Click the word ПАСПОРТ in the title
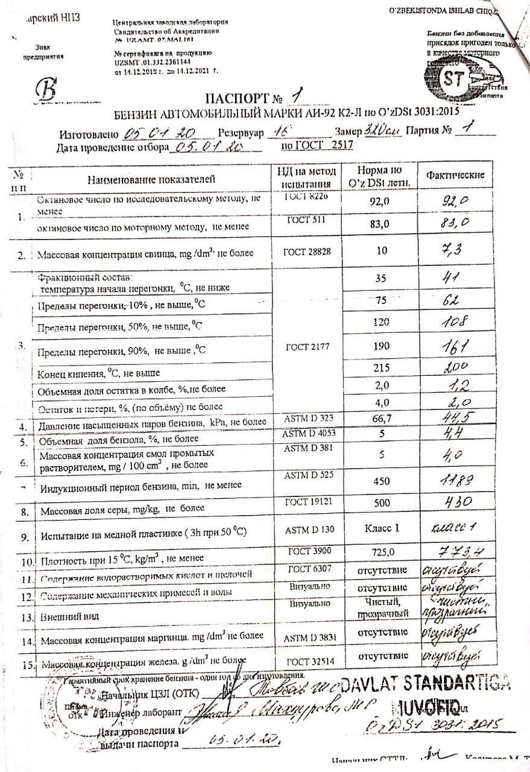(232, 98)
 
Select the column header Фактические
(455, 175)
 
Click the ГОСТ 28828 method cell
(307, 253)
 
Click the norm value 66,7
(379, 419)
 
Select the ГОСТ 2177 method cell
(307, 346)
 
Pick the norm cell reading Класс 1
(379, 529)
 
